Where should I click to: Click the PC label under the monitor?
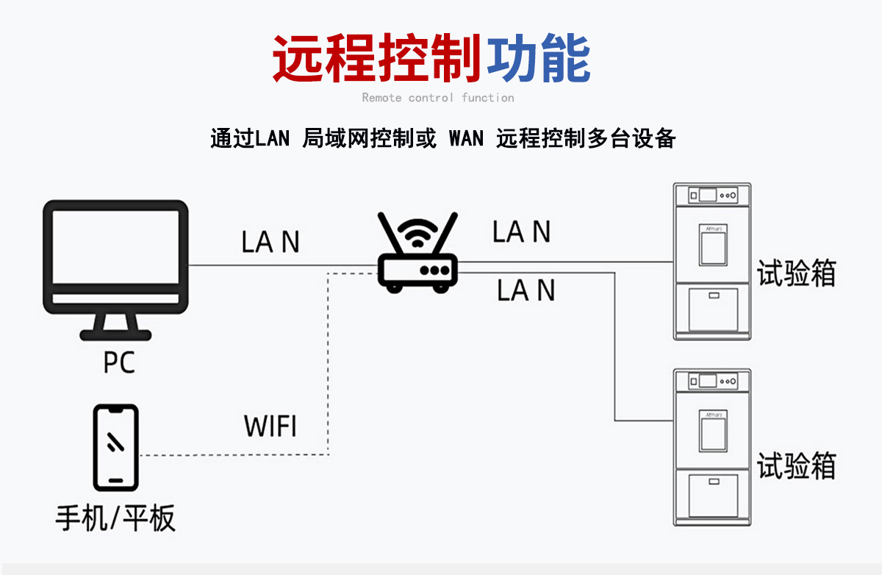tap(119, 362)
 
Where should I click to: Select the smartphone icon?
tap(115, 447)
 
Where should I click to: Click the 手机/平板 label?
tap(115, 518)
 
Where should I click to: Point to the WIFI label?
tap(270, 426)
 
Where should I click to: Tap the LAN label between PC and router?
tap(270, 243)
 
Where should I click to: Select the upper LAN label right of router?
tap(521, 232)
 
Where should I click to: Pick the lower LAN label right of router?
tap(525, 290)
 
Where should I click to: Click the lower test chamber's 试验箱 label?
tap(797, 465)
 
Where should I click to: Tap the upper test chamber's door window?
tap(713, 245)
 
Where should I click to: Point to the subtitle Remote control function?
tap(438, 98)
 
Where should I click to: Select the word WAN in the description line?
tap(466, 138)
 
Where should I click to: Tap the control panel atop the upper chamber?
tap(712, 196)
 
